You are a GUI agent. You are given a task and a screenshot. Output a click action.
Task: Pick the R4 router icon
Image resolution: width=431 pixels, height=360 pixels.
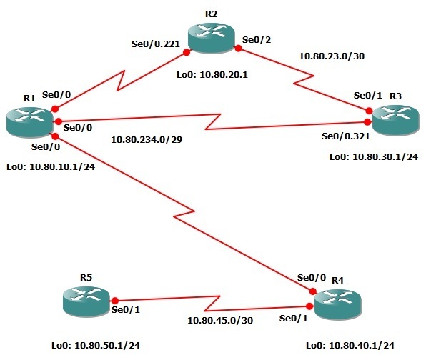point(338,304)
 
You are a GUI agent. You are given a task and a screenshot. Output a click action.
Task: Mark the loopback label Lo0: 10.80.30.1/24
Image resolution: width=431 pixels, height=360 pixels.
point(373,156)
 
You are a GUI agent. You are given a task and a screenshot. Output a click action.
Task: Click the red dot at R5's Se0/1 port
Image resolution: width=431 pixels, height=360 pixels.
point(113,301)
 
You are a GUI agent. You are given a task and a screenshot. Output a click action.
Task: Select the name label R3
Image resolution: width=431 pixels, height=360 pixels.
point(395,95)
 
